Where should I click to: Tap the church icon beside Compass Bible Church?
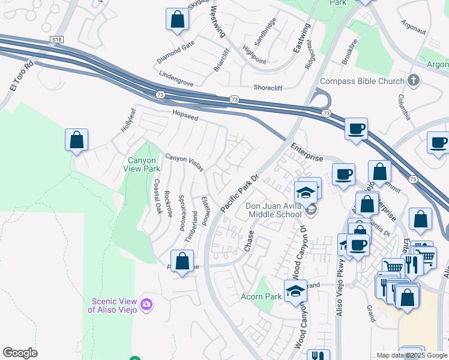413,80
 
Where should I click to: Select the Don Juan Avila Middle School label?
273,211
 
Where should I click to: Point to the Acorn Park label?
261,296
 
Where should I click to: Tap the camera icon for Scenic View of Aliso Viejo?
146,305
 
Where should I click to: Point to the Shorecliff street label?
272,86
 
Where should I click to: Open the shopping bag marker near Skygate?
178,19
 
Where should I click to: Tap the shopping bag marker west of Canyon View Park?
76,140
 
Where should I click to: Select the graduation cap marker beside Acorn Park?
295,291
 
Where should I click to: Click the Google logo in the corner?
20,353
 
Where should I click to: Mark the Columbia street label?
405,107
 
